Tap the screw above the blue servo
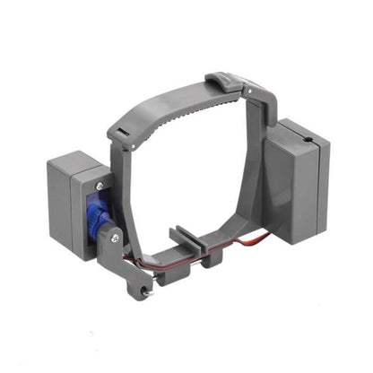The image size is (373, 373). (101, 186)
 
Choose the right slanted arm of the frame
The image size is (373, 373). (255, 179)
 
